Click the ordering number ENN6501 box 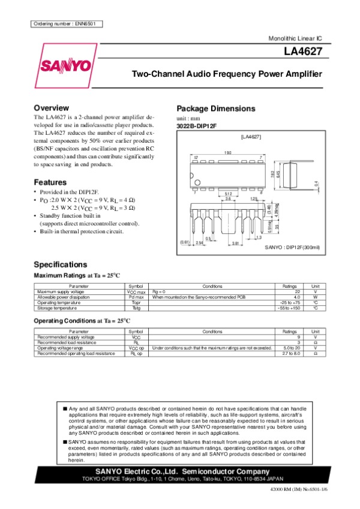(66, 24)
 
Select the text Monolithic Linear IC (296, 38)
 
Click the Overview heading (55, 107)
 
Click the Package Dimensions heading (215, 109)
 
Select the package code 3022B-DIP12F (196, 126)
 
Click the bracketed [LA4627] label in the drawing (250, 137)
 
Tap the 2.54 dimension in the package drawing (200, 243)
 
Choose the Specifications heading (61, 264)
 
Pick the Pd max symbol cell (136, 297)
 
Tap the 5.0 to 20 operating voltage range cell (292, 348)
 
